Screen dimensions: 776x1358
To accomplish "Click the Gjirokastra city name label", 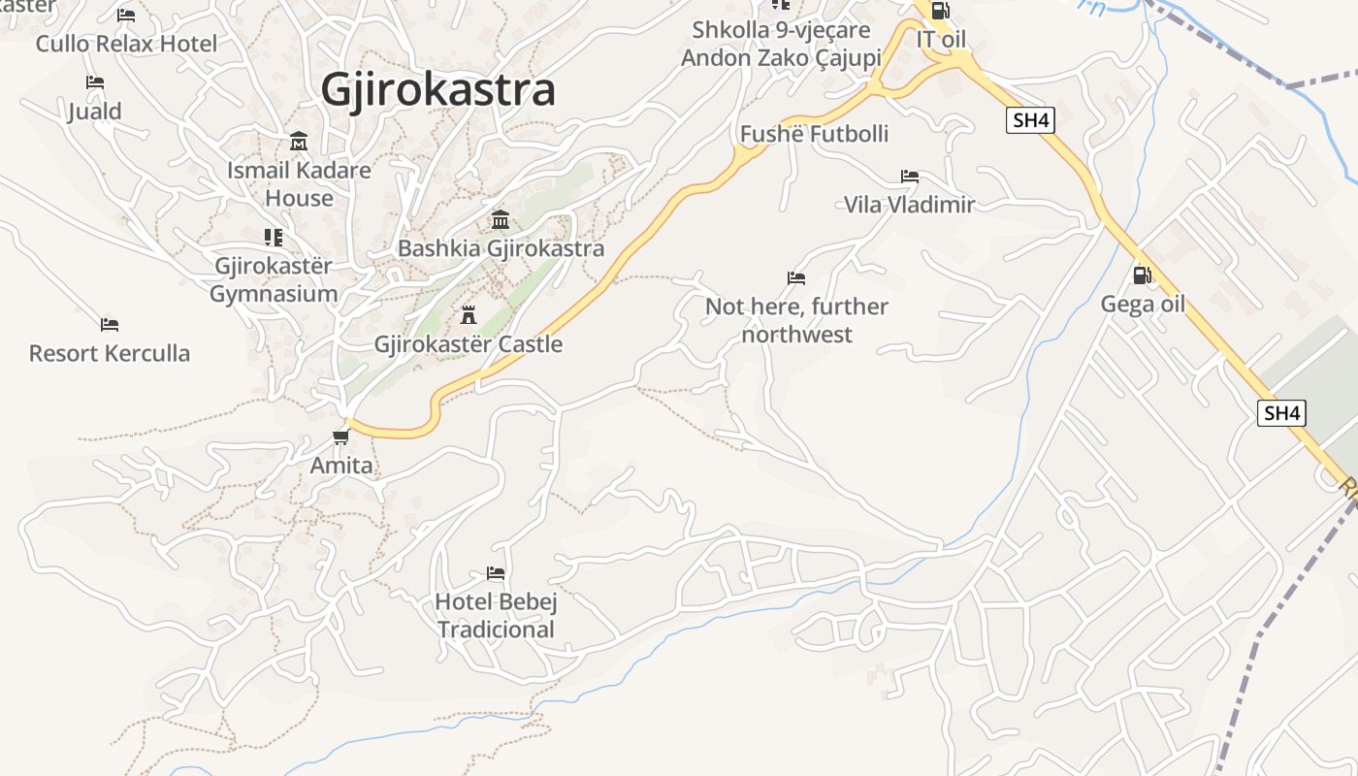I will click(437, 90).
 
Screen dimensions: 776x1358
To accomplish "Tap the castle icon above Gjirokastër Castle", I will click(469, 314).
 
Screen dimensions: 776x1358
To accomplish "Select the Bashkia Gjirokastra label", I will click(501, 248).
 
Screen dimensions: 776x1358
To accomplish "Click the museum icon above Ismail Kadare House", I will click(299, 142).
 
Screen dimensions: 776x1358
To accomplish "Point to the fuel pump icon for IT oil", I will click(939, 12).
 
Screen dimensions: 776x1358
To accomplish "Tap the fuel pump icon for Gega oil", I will click(1143, 275).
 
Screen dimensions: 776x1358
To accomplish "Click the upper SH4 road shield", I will click(1030, 120).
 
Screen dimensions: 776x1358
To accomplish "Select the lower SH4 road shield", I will click(1281, 413).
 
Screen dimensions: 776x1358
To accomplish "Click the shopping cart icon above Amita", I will click(340, 436).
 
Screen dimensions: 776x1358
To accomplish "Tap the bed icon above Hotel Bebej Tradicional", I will click(496, 573).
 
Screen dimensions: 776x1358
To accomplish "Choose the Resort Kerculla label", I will click(110, 353).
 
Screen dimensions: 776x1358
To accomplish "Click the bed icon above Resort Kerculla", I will click(110, 325).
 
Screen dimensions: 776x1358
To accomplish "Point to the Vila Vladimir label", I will click(909, 205).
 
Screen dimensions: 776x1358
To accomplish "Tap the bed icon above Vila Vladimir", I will click(909, 177).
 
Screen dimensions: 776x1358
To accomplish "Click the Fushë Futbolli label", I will click(814, 134).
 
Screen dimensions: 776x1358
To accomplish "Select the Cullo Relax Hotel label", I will click(127, 44).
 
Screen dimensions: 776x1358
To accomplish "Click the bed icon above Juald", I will click(95, 82).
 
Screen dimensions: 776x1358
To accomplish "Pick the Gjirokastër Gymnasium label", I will click(274, 279).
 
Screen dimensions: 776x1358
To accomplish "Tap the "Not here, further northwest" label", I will click(796, 320).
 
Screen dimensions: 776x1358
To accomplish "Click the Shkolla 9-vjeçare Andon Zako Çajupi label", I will click(781, 44).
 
